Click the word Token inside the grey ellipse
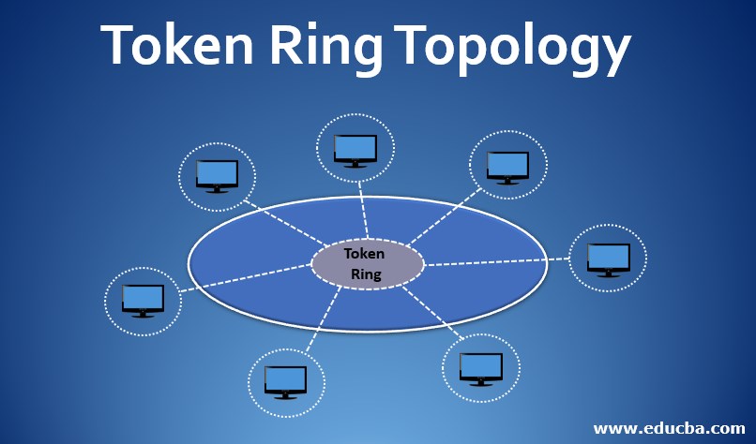coord(364,254)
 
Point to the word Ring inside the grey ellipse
coord(366,274)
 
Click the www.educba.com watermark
coord(669,428)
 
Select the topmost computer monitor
coord(355,148)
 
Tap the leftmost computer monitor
coord(143,299)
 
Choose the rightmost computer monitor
coord(608,257)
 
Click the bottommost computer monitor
coord(285,380)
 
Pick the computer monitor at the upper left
coord(217,174)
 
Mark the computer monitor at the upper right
coord(507,165)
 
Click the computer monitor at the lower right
coord(481,367)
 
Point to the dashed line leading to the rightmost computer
coord(497,261)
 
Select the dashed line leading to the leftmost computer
coord(246,278)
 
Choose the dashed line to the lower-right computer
coord(437,314)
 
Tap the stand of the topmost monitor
coord(355,165)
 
